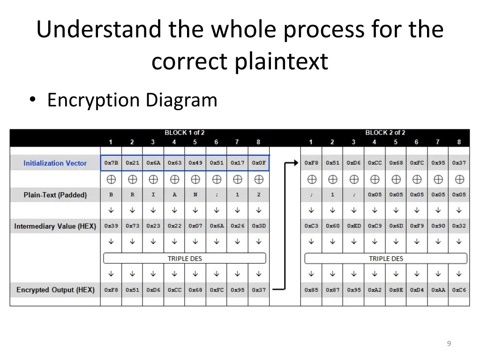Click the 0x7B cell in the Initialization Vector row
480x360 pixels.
tap(111, 163)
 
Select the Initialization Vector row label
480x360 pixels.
tap(55, 163)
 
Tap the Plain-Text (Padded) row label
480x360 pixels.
tap(55, 195)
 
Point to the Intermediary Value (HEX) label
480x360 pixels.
tap(55, 226)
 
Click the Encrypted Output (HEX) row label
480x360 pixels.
tap(55, 290)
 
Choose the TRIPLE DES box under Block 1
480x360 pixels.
tap(184, 258)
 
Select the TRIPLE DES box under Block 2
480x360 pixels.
tap(386, 258)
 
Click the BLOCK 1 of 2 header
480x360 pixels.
tap(184, 133)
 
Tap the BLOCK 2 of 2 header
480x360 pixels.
tap(385, 133)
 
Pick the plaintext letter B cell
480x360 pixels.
tap(111, 195)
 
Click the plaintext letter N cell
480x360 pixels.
tap(195, 195)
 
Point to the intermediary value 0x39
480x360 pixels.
tap(111, 226)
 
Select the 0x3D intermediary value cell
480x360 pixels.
tap(259, 226)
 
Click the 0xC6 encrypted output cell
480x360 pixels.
tap(459, 290)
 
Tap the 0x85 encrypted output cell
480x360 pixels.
tap(311, 290)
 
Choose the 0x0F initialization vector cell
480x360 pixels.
tap(259, 163)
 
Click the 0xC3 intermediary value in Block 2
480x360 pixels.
tap(311, 226)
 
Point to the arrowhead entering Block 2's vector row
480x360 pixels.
tap(295, 163)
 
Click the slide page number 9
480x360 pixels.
tap(449, 344)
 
